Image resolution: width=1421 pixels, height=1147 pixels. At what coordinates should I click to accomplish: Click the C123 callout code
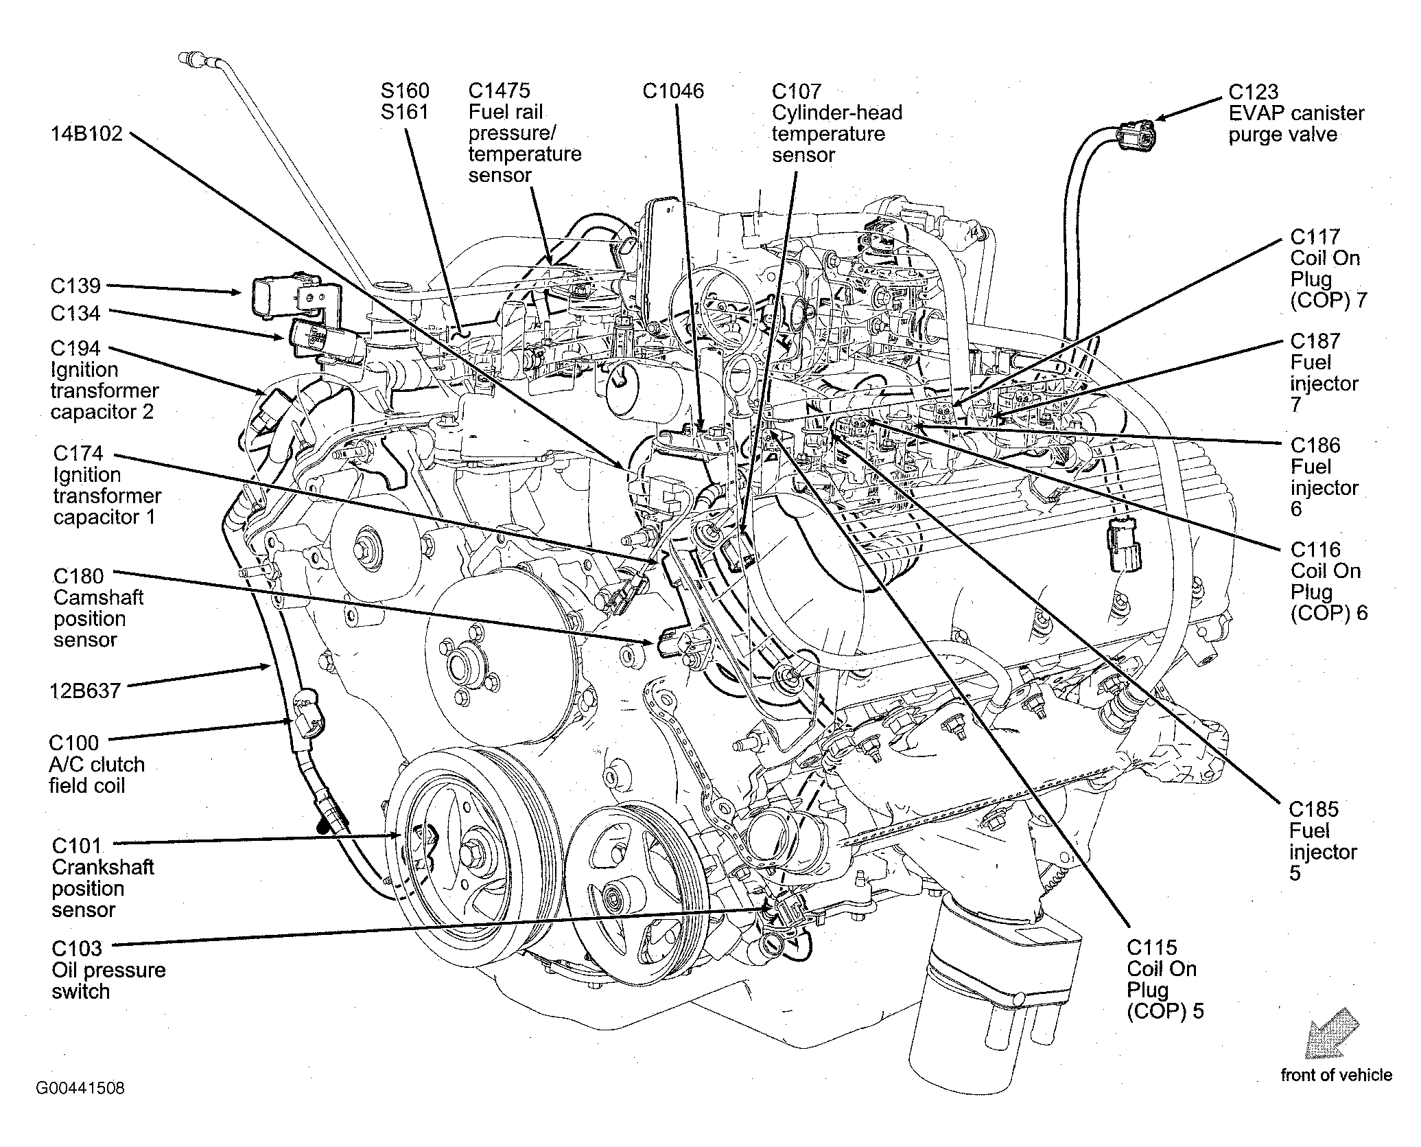tap(1253, 91)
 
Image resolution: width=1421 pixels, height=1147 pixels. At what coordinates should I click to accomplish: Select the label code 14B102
tap(86, 133)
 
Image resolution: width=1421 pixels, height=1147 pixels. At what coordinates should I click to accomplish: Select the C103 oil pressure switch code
tap(77, 948)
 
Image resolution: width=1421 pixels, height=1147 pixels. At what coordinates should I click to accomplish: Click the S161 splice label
tap(405, 111)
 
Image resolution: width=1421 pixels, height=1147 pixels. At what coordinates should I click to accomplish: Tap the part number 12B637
tap(86, 690)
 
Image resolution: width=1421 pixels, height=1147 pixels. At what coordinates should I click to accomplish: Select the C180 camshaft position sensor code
tap(79, 575)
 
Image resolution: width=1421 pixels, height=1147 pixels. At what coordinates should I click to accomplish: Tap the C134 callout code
tap(75, 313)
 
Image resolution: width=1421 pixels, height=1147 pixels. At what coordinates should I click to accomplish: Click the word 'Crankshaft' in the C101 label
tap(103, 867)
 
